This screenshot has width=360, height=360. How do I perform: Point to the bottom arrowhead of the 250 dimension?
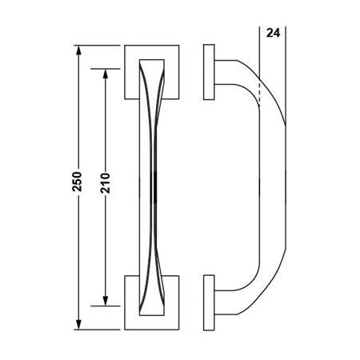click(78, 325)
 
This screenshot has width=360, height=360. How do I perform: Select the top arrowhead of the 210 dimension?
click(105, 72)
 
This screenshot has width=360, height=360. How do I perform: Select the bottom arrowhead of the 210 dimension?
click(105, 301)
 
